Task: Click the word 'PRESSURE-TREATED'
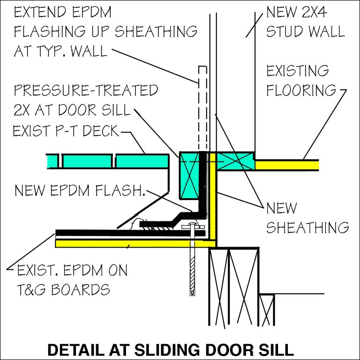86,90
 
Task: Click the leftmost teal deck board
52,161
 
